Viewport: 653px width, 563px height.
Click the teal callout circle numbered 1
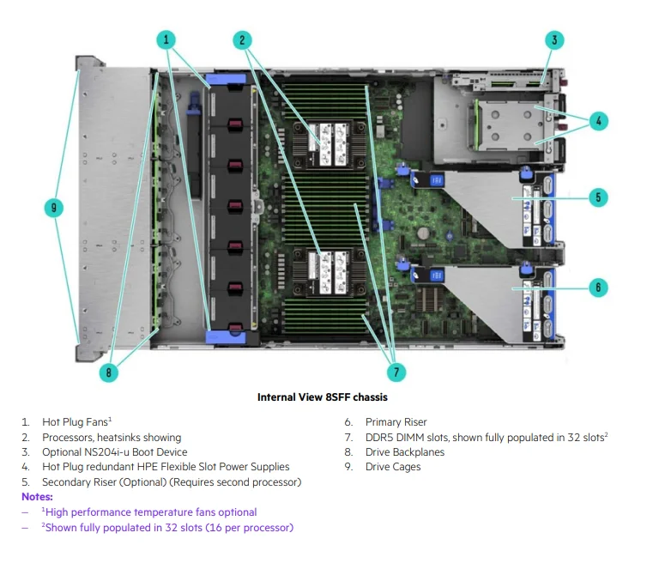(166, 39)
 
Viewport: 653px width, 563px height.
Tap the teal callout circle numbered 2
(243, 39)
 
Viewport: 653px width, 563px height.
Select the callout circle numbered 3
(555, 39)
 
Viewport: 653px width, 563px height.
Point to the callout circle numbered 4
(600, 121)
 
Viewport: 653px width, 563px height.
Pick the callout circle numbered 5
(600, 197)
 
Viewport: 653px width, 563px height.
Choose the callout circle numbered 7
(396, 372)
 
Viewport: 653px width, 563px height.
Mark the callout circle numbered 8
(107, 372)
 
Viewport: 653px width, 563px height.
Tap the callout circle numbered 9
(53, 208)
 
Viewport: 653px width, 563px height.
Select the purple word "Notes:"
(37, 497)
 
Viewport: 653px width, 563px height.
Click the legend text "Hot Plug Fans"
(76, 422)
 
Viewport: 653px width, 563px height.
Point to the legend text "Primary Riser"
(396, 422)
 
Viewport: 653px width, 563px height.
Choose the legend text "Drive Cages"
(393, 467)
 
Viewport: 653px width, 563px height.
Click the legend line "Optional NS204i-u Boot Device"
(114, 452)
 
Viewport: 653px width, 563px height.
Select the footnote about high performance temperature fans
(149, 512)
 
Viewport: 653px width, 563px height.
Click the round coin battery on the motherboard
(422, 232)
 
